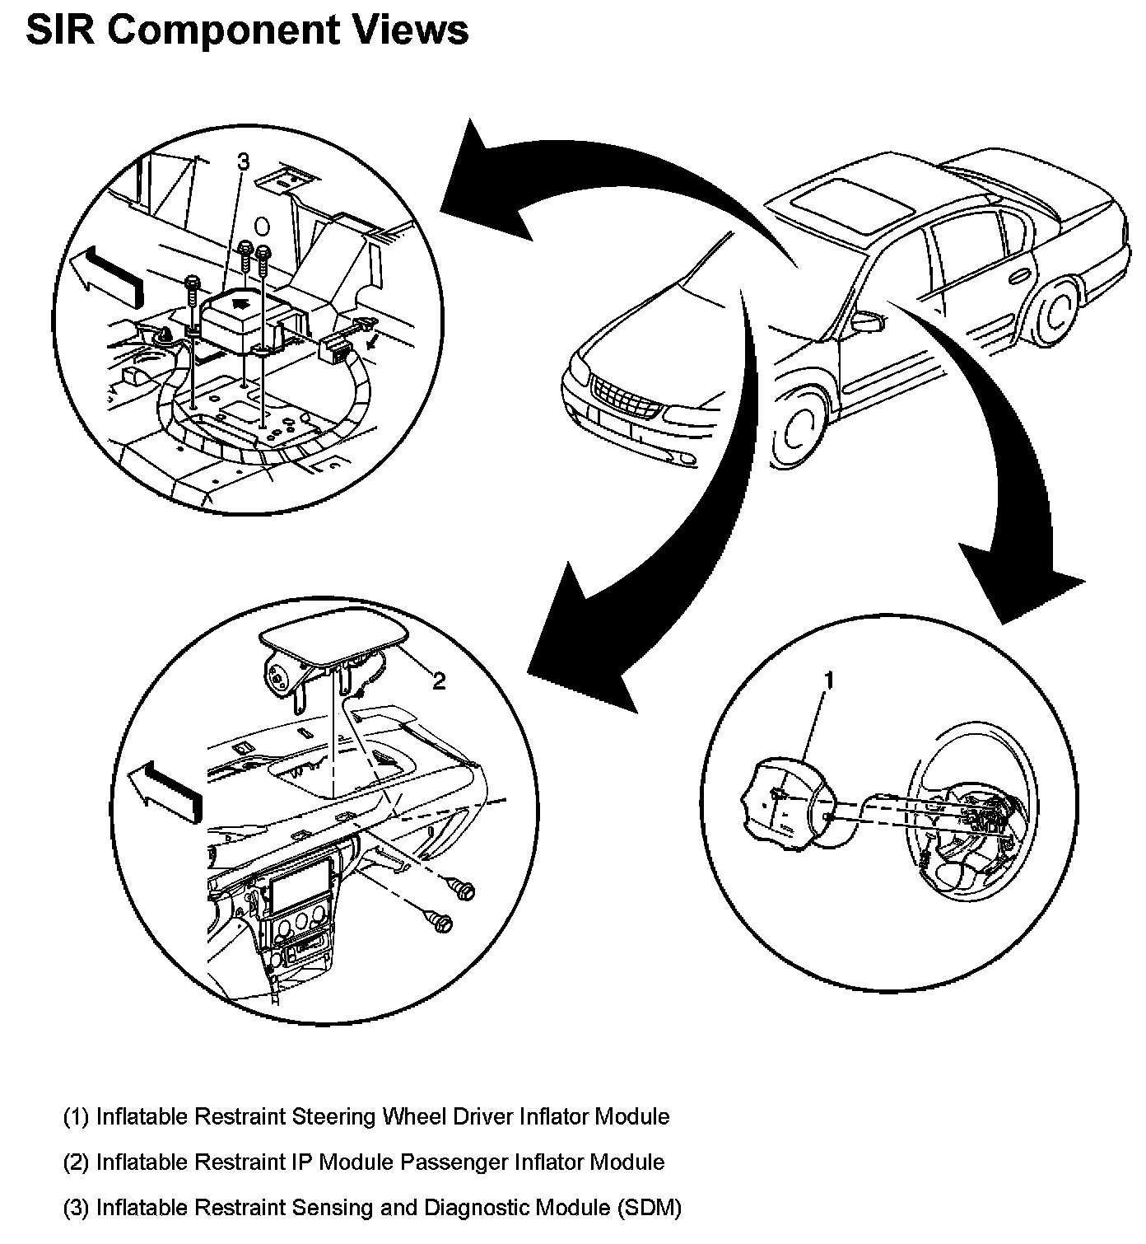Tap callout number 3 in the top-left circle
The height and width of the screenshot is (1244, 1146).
243,162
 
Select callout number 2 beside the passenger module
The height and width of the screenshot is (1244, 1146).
440,680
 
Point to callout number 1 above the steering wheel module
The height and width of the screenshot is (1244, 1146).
829,680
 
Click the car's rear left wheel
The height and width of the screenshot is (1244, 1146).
1056,313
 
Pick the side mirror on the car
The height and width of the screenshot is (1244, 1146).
867,320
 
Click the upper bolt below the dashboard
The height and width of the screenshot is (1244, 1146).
464,890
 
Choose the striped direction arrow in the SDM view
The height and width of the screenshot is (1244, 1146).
107,272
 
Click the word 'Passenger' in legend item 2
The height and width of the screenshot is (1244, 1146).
454,1162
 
